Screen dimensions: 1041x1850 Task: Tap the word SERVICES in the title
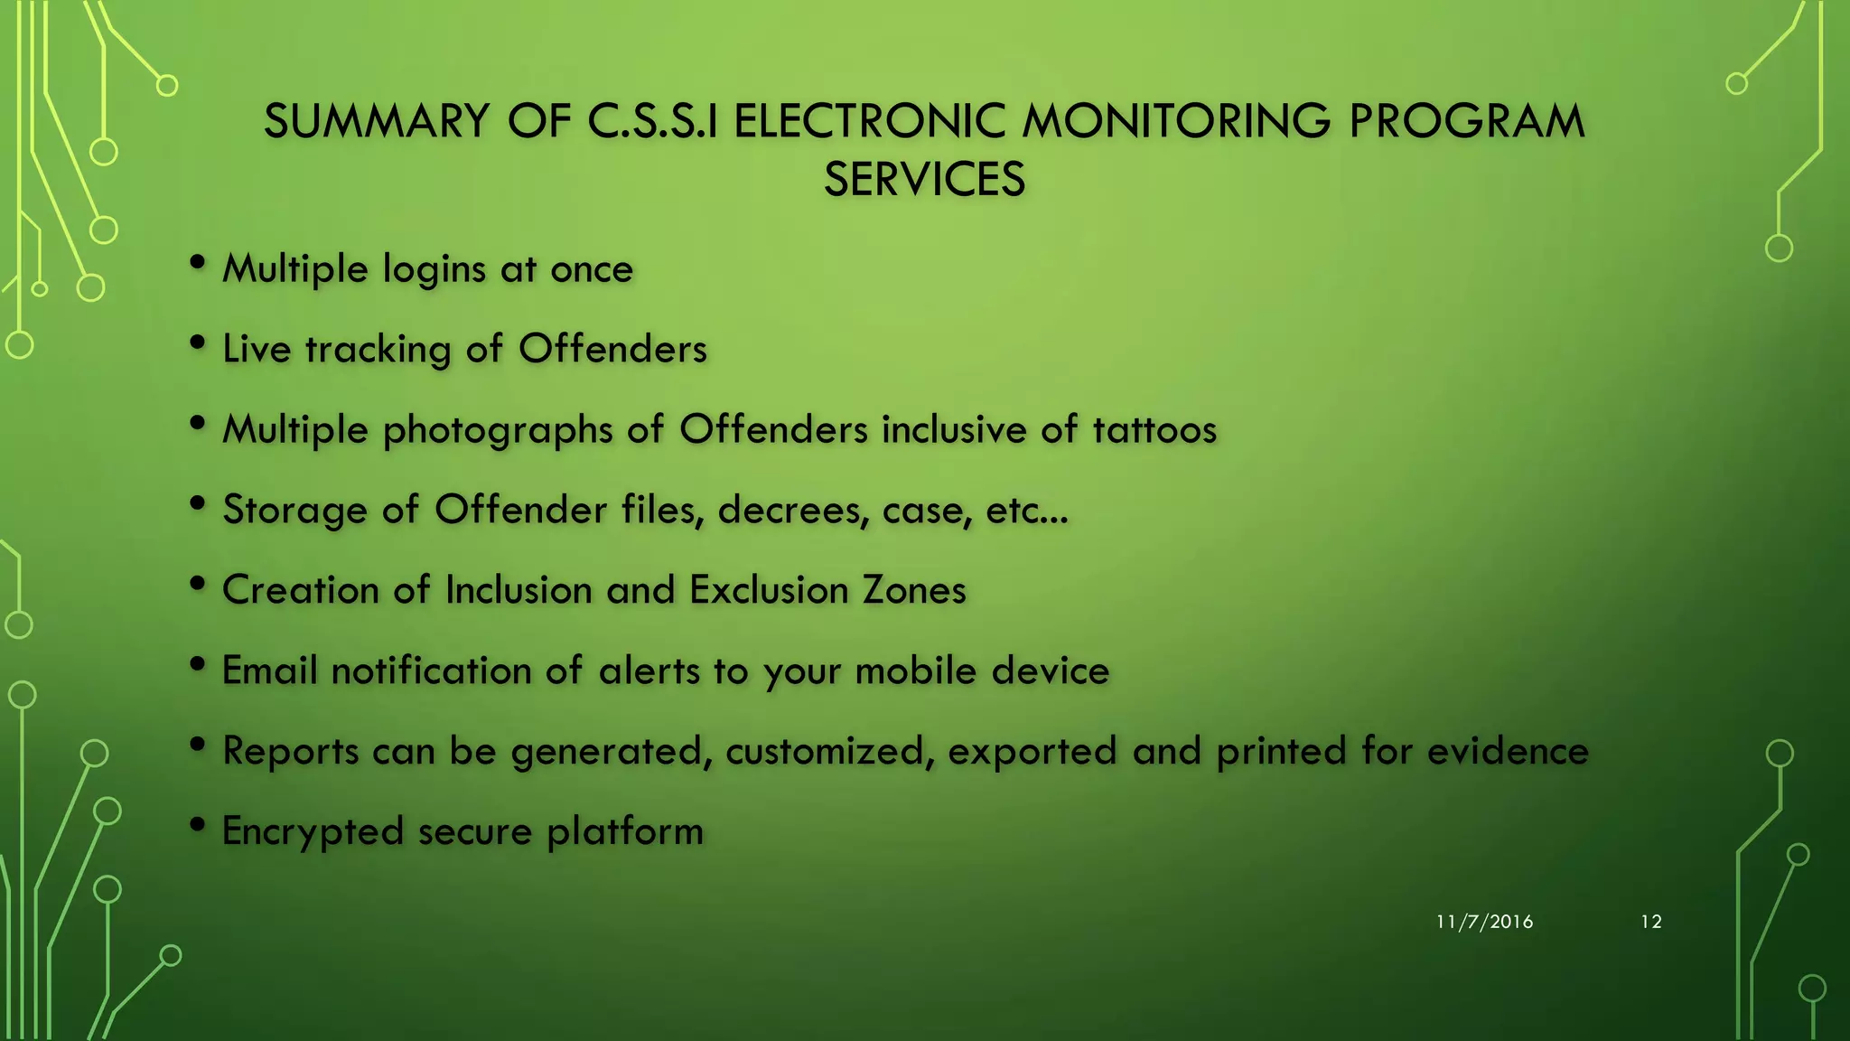[924, 179]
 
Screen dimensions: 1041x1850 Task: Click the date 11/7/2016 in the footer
[1484, 922]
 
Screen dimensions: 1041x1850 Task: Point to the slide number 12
[1650, 922]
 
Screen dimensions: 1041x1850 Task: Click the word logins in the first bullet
[435, 270]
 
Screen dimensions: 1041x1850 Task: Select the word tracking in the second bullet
[378, 350]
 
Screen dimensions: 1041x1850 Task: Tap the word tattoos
[1154, 429]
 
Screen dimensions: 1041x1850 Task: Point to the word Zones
[914, 590]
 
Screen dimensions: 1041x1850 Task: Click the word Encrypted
[312, 832]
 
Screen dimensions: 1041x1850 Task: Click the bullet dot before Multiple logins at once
[198, 263]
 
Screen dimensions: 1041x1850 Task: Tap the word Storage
[294, 511]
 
